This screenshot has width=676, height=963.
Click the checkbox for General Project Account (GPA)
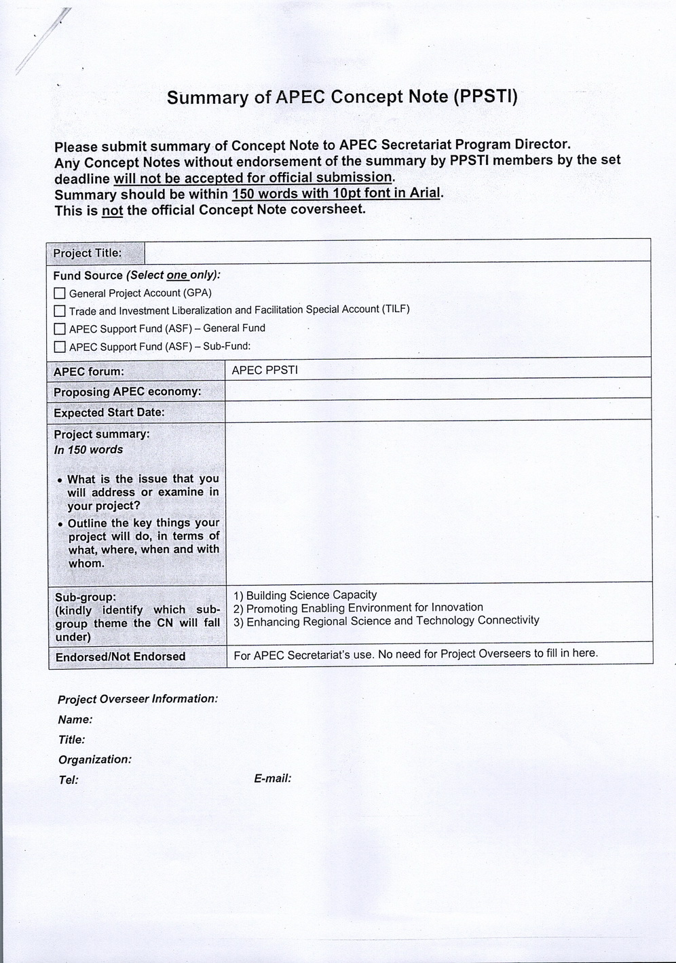60,293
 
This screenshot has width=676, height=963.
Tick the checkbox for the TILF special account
60,311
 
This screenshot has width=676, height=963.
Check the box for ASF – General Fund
60,329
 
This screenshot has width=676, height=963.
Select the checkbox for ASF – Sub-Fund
60,347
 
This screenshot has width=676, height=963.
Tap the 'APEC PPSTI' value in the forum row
265,371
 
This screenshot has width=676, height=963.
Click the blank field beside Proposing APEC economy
438,390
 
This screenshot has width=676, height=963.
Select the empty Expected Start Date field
438,411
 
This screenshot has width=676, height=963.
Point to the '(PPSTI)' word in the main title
485,97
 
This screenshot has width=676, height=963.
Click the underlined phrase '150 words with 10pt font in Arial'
337,193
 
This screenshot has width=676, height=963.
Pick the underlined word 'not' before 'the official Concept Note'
112,210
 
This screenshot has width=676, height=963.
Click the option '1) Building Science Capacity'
305,595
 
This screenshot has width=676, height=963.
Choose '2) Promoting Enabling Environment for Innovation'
358,608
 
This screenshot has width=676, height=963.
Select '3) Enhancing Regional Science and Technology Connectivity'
386,621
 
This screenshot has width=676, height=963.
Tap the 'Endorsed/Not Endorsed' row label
120,657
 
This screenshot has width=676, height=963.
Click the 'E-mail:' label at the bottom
273,778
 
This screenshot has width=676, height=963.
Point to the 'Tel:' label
69,780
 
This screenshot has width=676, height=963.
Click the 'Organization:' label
95,759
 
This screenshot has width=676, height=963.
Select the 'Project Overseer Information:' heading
138,699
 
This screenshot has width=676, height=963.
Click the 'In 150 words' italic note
88,450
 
